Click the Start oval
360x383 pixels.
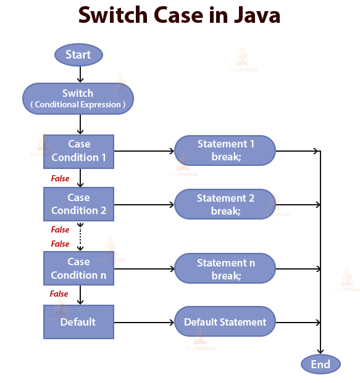click(78, 55)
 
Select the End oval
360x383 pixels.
click(320, 364)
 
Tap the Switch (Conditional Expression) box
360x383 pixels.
click(78, 99)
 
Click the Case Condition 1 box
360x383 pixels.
click(78, 151)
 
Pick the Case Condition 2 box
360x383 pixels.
click(78, 204)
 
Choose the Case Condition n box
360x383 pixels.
click(78, 268)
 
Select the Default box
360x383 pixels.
click(78, 322)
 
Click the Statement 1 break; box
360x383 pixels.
click(225, 150)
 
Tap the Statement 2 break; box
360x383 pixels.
click(225, 204)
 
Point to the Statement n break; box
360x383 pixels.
click(225, 269)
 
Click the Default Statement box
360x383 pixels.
click(225, 322)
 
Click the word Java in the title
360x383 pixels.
click(252, 15)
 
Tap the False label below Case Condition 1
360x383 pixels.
click(59, 178)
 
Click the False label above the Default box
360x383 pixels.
click(59, 294)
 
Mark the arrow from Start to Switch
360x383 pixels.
click(80, 75)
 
